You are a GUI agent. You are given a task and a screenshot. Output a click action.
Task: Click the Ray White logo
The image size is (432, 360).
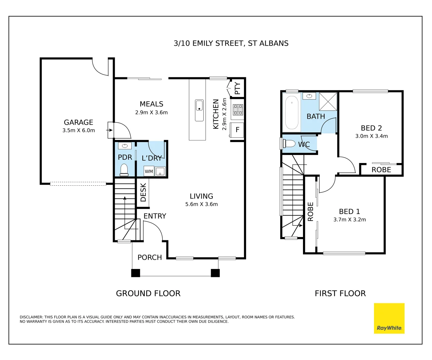389,318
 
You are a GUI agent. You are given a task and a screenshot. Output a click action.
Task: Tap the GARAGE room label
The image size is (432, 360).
78,122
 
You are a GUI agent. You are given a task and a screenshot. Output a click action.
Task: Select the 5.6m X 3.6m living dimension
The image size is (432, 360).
201,204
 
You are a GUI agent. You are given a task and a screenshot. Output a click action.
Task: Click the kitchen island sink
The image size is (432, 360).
199,110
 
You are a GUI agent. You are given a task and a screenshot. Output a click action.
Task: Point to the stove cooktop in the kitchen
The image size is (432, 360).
238,110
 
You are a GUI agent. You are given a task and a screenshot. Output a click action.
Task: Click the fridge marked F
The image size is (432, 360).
237,130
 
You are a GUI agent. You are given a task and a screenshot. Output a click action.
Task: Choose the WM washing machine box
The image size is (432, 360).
149,171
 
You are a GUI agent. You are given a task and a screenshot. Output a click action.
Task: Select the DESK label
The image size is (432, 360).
143,192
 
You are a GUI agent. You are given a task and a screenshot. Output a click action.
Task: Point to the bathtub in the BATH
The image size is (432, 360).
292,113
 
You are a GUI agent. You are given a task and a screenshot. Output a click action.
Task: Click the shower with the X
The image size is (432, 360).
328,101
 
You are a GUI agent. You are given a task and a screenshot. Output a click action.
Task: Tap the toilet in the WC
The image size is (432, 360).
289,143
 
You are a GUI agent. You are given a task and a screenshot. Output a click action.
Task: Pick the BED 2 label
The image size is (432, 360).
371,128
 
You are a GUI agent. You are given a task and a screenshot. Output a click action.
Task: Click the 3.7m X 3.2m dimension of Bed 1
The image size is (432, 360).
349,220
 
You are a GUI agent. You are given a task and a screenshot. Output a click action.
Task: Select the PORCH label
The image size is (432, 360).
150,257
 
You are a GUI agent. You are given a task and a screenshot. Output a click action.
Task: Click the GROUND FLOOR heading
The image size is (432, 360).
148,293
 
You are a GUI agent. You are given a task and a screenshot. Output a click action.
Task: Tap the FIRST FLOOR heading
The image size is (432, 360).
340,293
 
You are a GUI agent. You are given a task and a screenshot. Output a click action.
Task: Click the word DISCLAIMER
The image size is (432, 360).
31,317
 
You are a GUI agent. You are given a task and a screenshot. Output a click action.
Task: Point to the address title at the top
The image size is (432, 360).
231,43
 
